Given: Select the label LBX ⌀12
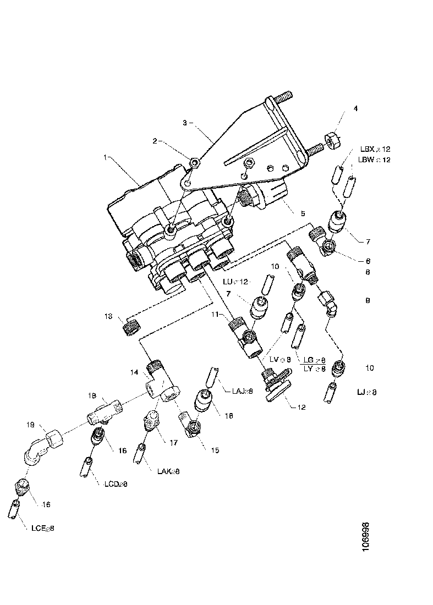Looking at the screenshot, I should click(375, 149).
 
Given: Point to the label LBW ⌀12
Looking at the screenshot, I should click(375, 159).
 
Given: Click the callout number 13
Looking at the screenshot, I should click(108, 316).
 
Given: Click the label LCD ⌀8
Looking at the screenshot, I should click(116, 484).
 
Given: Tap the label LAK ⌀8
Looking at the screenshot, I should click(168, 471).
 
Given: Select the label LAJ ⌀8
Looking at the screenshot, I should click(243, 392).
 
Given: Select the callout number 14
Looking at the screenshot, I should click(134, 372).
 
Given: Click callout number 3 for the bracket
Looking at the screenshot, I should click(185, 123).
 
